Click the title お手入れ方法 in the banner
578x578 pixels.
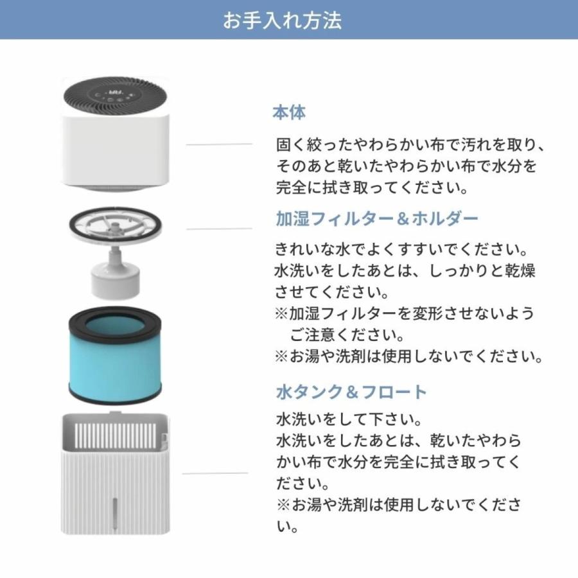[x=282, y=20]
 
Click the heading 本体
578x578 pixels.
[x=289, y=113]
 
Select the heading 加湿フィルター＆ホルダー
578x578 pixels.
[x=377, y=219]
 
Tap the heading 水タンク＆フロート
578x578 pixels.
[x=351, y=392]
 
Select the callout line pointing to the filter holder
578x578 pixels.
[x=219, y=228]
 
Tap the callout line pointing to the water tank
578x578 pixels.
[x=215, y=473]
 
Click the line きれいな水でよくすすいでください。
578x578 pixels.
[x=392, y=249]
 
